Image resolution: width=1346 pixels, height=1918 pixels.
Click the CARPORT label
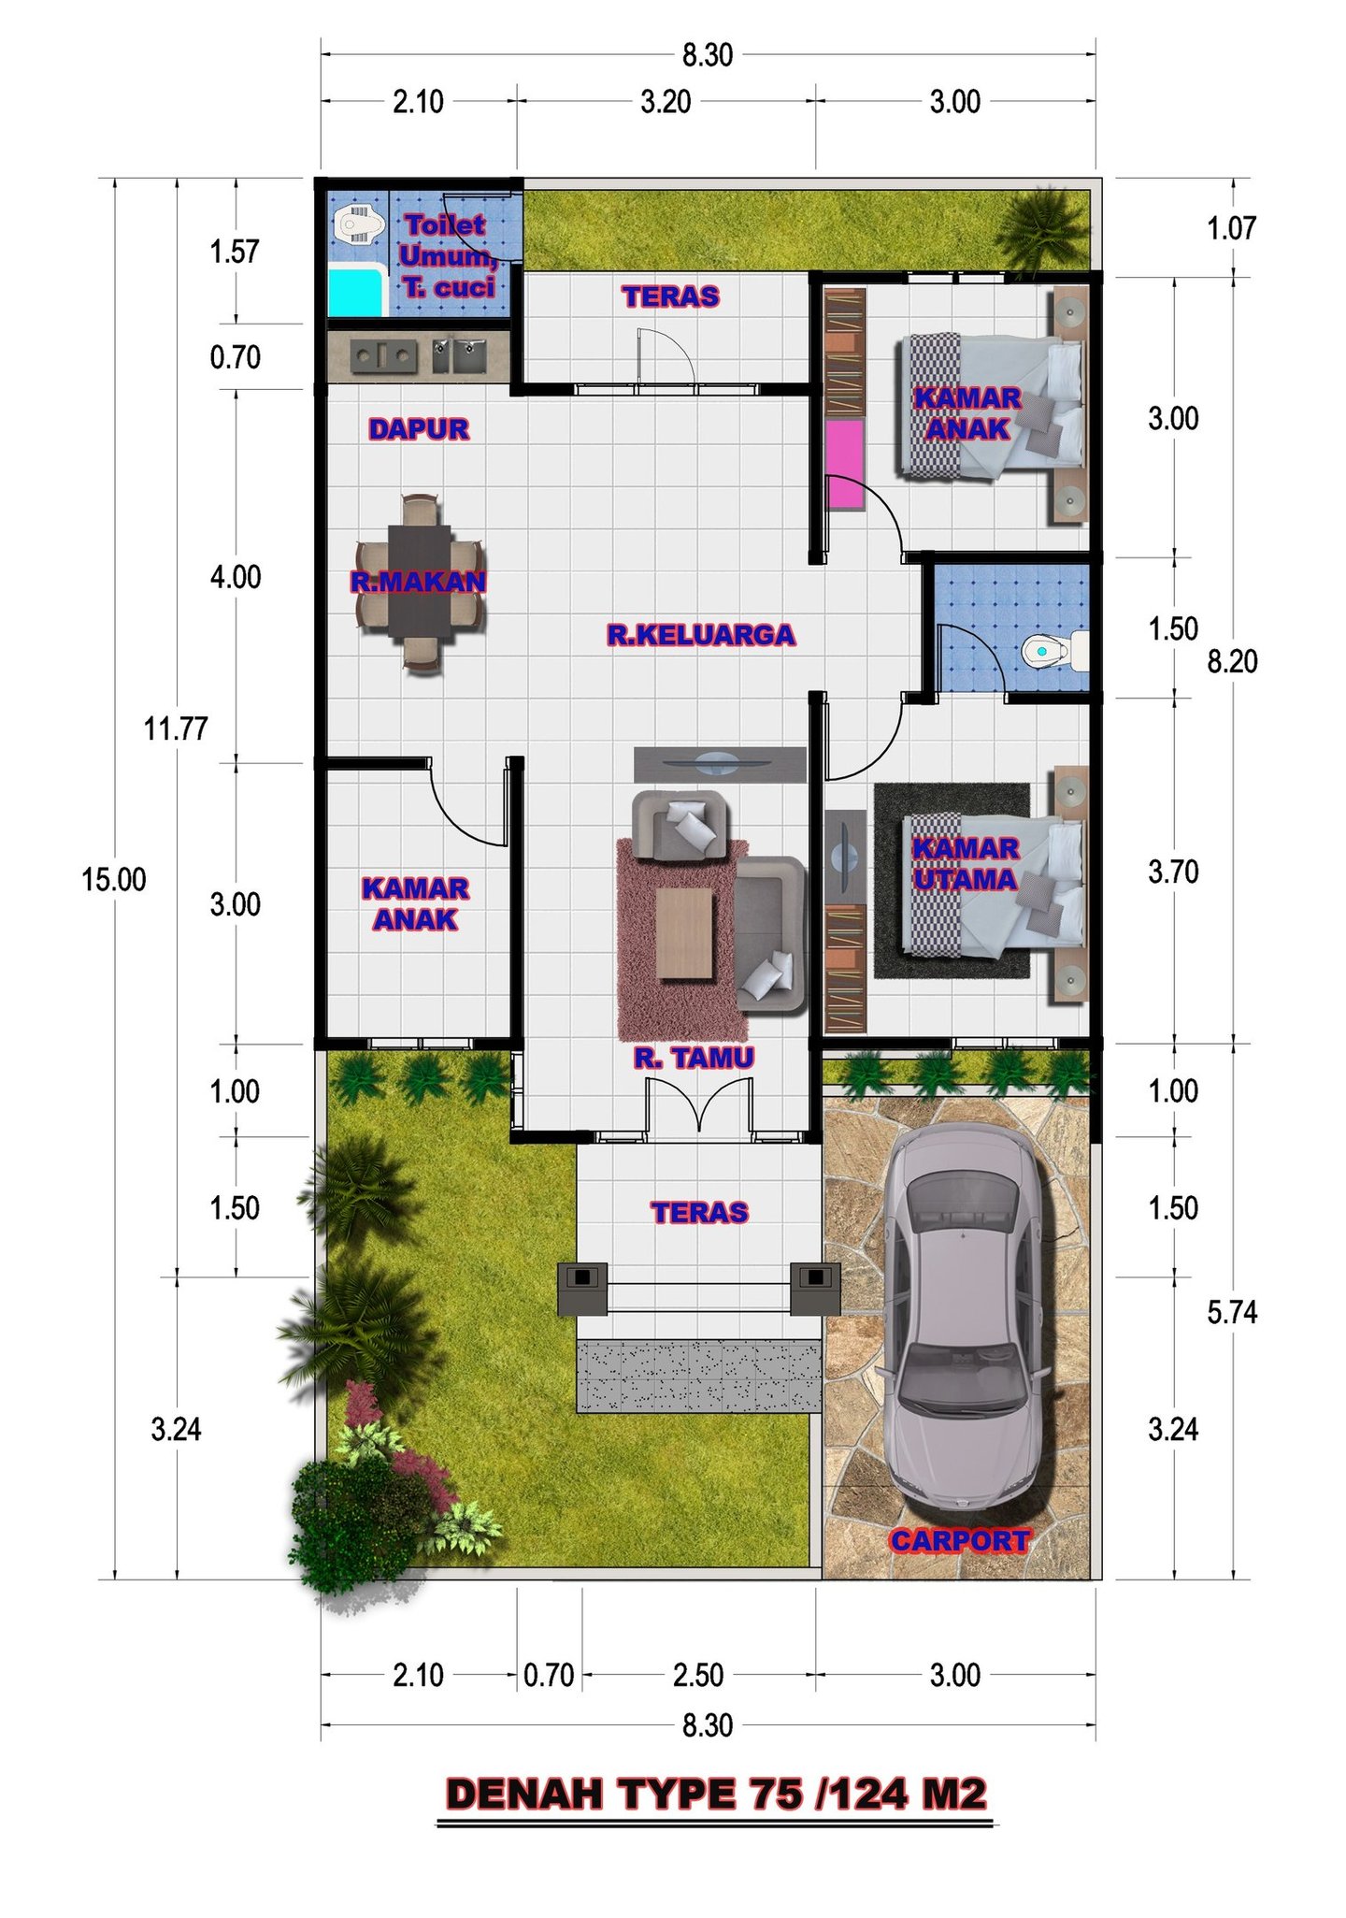point(960,1540)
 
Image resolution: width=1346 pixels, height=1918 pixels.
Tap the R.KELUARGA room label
point(701,635)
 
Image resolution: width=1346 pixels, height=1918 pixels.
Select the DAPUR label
point(419,429)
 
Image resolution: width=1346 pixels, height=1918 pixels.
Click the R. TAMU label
point(694,1058)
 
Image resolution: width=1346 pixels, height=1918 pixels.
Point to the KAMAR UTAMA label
point(966,863)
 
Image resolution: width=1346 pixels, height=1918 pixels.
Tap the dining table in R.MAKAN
point(420,581)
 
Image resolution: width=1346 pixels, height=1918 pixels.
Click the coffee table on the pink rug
point(684,933)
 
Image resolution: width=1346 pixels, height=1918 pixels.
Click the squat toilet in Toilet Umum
point(359,224)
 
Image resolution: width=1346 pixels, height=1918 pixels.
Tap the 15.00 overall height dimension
point(114,880)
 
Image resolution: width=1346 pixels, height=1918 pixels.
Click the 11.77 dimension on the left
point(176,728)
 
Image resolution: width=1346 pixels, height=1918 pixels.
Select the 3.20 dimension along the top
point(666,101)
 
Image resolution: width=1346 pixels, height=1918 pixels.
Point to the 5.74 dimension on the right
point(1232,1312)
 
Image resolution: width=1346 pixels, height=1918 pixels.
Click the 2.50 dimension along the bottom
point(698,1675)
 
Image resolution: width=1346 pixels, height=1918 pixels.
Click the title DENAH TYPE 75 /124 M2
point(716,1794)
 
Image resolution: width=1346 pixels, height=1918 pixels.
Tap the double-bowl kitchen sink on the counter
point(458,355)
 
